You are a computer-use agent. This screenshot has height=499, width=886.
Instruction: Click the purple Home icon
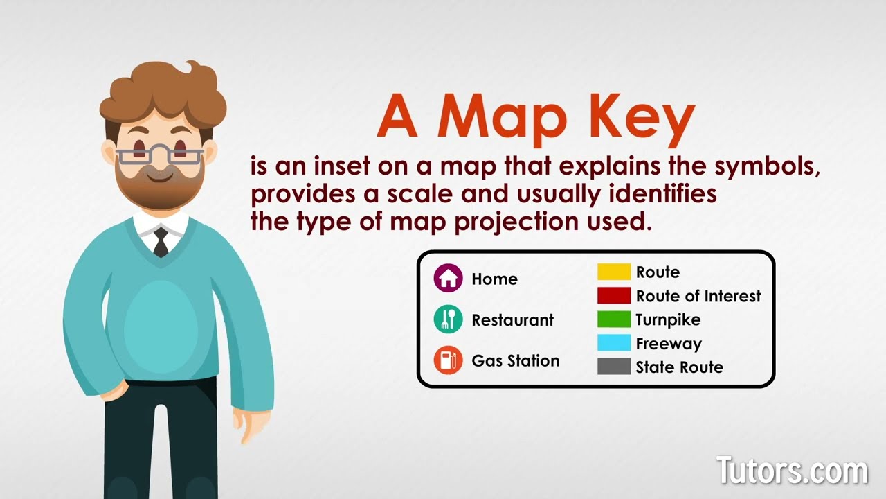point(448,279)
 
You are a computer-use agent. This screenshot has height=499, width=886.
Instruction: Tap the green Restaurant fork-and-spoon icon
point(448,319)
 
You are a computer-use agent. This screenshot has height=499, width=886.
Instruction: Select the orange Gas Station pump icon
point(448,360)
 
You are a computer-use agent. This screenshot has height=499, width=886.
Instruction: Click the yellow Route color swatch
point(614,272)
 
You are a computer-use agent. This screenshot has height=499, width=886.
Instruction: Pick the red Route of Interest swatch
point(614,296)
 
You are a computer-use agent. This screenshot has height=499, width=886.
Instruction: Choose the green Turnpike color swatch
point(614,319)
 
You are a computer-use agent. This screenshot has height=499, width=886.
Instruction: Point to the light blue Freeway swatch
point(614,343)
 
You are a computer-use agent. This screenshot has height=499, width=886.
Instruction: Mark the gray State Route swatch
point(614,367)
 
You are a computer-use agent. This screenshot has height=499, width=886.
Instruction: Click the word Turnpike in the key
point(668,320)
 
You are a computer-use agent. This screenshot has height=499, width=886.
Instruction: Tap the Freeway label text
point(669,344)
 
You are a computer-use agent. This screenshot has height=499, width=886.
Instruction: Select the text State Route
point(679,367)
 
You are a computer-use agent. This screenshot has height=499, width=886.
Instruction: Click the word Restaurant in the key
point(512,320)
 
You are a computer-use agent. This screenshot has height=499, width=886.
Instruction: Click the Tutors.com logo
point(792,471)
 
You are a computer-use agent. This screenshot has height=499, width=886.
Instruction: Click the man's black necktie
point(161,242)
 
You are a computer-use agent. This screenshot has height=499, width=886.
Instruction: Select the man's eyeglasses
point(160,154)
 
